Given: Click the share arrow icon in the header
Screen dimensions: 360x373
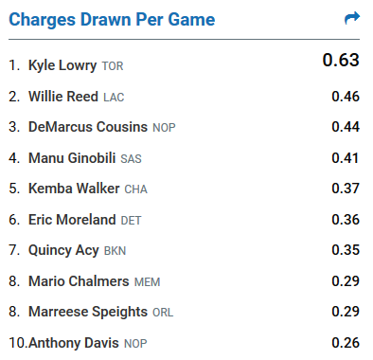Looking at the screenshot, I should (x=352, y=18).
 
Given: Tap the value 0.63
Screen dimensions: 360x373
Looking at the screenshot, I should (x=341, y=61).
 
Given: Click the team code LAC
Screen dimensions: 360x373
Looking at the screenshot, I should (x=114, y=97).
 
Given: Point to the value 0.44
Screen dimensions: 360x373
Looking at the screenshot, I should (x=346, y=127).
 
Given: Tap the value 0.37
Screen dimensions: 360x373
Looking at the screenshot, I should (x=346, y=189).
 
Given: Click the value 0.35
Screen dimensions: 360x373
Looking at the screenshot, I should (x=346, y=250).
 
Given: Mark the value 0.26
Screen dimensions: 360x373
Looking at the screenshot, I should (x=346, y=343).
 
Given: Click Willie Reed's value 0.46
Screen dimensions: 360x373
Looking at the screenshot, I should (x=346, y=97).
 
